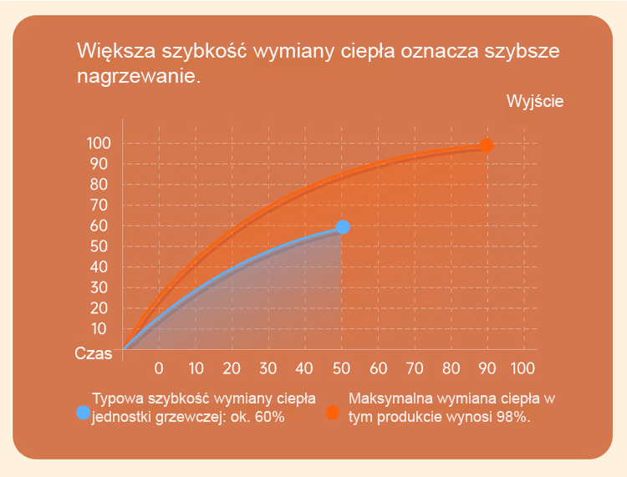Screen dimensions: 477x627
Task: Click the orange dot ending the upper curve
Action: click(487, 145)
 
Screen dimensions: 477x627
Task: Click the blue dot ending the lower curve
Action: click(342, 227)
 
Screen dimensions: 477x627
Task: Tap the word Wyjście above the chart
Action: click(535, 102)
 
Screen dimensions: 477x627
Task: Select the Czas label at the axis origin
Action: click(93, 353)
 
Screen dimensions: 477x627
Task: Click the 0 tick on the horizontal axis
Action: click(159, 368)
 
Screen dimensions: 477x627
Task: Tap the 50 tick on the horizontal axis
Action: click(341, 368)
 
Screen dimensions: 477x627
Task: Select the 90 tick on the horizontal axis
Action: click(487, 368)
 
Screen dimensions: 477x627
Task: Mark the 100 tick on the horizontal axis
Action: click(522, 368)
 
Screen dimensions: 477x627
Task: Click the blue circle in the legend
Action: click(83, 412)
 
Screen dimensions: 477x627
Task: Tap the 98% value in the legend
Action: click(512, 418)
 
